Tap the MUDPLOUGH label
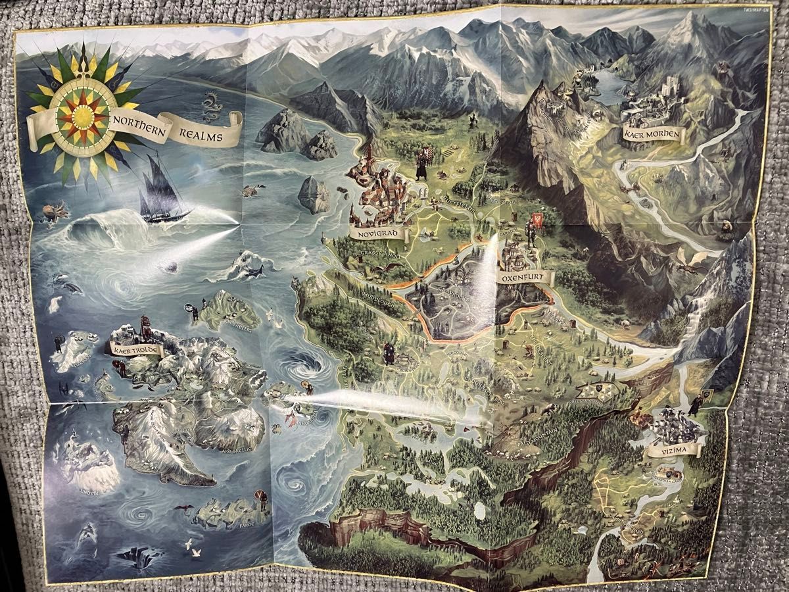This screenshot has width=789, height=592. (x=377, y=295)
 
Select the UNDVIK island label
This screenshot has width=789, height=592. (x=87, y=491)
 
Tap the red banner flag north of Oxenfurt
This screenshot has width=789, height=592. (x=537, y=221)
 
